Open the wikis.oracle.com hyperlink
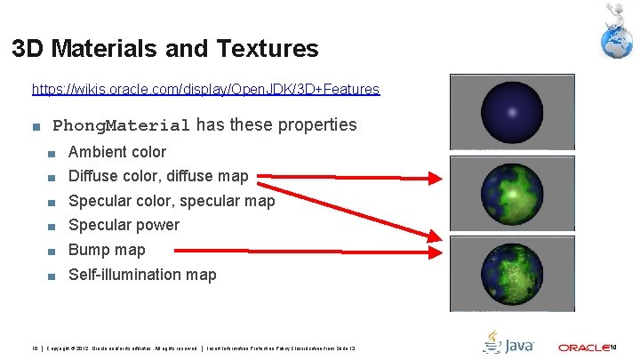click(x=205, y=89)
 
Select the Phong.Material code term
click(x=123, y=125)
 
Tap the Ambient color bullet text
click(x=117, y=152)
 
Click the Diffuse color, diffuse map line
click(x=158, y=176)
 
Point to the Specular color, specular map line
click(x=172, y=201)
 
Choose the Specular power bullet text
click(x=124, y=225)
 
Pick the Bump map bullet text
click(x=107, y=250)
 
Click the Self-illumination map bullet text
click(x=142, y=275)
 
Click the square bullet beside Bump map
click(x=52, y=251)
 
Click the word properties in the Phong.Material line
click(x=317, y=125)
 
